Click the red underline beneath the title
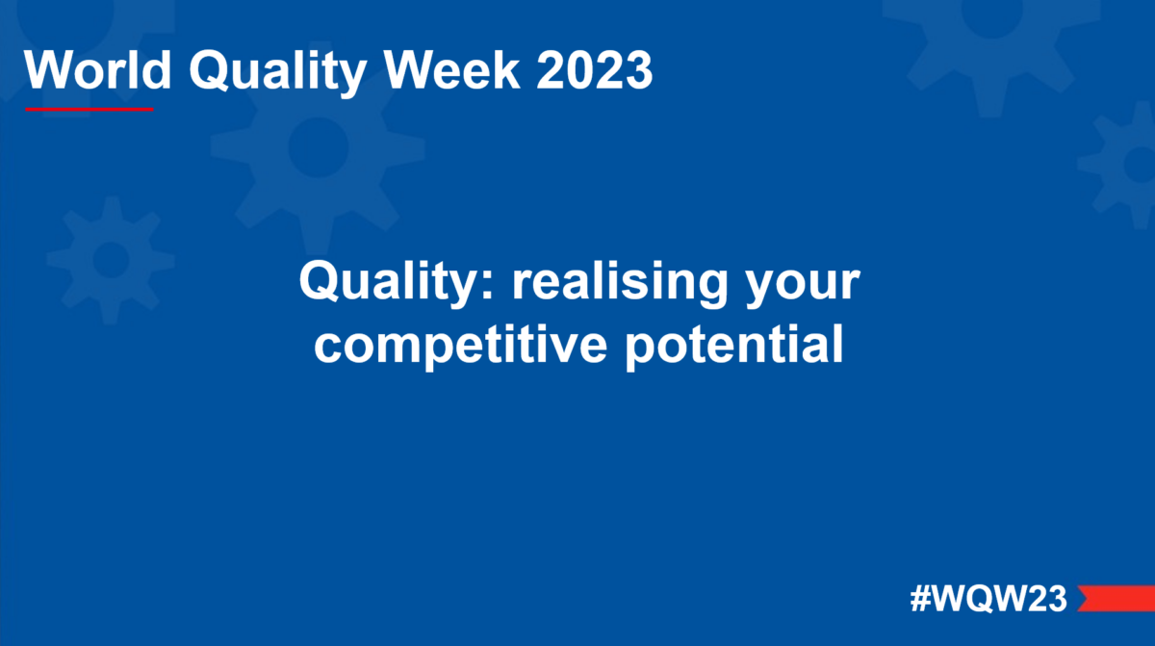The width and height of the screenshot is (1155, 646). (89, 109)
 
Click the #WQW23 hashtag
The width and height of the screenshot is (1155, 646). (988, 599)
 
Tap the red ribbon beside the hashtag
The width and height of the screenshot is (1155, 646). (1116, 598)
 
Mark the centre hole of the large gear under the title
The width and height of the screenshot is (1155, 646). (318, 149)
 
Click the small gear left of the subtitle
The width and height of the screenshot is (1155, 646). (111, 258)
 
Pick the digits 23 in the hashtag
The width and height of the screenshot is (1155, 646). (1046, 599)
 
